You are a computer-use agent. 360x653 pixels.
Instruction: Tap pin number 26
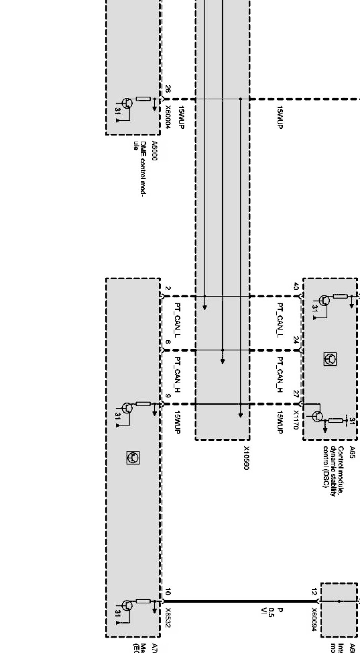click(x=168, y=89)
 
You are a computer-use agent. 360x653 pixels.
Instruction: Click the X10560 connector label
click(x=246, y=458)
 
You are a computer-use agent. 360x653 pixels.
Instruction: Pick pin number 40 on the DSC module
click(x=296, y=286)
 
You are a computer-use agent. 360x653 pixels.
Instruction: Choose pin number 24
click(x=296, y=340)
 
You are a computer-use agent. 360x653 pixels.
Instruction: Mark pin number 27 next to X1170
click(x=296, y=394)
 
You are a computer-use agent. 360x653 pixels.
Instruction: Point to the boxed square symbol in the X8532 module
click(x=133, y=457)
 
